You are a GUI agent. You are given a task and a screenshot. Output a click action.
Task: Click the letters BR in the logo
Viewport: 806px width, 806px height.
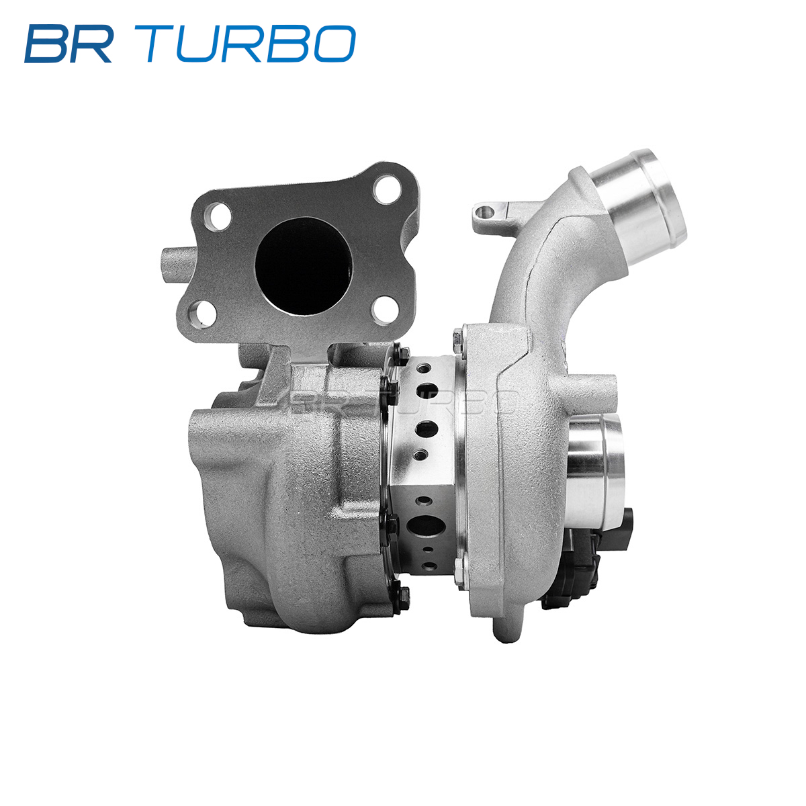tap(69, 44)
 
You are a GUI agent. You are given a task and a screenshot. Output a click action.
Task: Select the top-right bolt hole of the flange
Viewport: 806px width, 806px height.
tap(388, 190)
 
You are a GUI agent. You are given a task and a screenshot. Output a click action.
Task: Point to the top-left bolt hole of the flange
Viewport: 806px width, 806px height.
tap(218, 217)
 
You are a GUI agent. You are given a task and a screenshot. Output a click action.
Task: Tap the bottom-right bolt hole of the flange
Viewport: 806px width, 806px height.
tap(385, 310)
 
